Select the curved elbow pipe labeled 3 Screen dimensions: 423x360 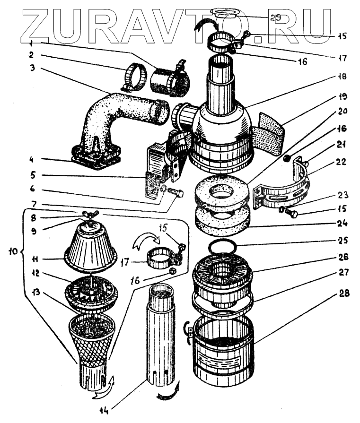coord(118,113)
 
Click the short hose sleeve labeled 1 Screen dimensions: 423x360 coord(169,80)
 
